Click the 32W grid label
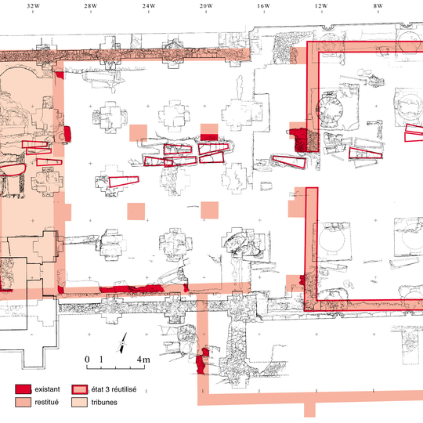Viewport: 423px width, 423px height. [33, 6]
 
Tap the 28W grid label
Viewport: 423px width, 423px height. [91, 6]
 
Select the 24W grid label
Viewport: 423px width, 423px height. [149, 6]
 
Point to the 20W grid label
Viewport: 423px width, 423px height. [206, 6]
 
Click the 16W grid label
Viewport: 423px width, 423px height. [263, 6]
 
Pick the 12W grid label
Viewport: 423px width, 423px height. [321, 6]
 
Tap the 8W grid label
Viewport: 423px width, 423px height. [378, 6]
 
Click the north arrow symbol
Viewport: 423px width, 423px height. [123, 343]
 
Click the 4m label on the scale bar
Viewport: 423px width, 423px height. [143, 360]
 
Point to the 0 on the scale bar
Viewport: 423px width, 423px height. [87, 360]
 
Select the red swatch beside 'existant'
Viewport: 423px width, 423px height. [23, 389]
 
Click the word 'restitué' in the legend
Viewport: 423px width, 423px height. [46, 402]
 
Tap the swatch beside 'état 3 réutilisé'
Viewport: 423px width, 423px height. [80, 389]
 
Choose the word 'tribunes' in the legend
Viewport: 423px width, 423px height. [104, 402]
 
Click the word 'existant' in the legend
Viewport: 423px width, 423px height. [47, 389]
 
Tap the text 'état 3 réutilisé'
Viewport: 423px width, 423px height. [114, 389]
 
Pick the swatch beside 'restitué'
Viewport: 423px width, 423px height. [23, 402]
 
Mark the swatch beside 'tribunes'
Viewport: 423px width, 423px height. [80, 402]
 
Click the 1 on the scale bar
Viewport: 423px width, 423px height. [101, 360]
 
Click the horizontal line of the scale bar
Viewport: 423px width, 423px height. [116, 368]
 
